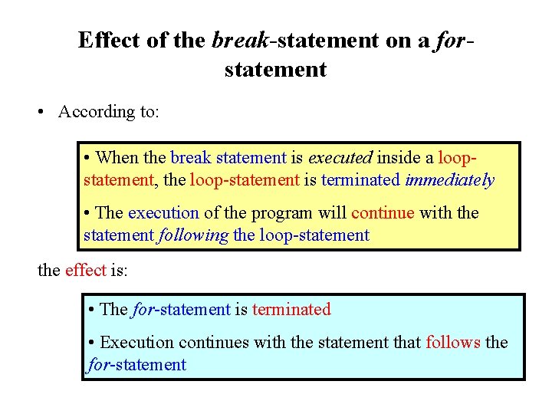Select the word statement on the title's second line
pyautogui.click(x=275, y=70)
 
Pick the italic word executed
pyautogui.click(x=340, y=158)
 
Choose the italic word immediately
pyautogui.click(x=450, y=181)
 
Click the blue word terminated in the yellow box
pyautogui.click(x=361, y=181)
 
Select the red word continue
pyautogui.click(x=383, y=212)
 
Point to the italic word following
pyautogui.click(x=192, y=235)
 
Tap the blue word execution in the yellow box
pyautogui.click(x=163, y=212)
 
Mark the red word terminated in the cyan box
pyautogui.click(x=291, y=310)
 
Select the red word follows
pyautogui.click(x=453, y=342)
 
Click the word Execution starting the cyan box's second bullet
pyautogui.click(x=135, y=342)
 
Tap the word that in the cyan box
pyautogui.click(x=406, y=342)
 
